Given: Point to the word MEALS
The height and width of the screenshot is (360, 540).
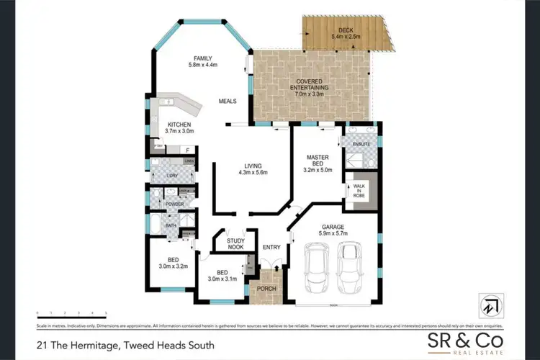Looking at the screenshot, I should coord(229,102).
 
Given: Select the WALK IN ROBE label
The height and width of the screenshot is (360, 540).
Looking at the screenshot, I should coord(358,192).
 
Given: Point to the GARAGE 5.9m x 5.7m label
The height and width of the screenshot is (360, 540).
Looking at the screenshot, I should coord(333,230).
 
